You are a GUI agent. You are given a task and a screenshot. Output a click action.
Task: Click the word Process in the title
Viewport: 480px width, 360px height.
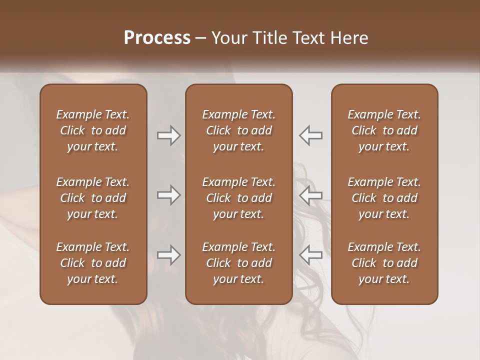coord(157,38)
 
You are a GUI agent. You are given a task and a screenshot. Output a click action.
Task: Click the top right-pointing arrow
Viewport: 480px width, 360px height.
coord(168,135)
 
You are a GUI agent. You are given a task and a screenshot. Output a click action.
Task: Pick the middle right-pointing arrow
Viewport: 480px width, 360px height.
coord(168,195)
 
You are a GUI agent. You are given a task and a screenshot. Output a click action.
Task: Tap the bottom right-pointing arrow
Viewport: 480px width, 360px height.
coord(168,255)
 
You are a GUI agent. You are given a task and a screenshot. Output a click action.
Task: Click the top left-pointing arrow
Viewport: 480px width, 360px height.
coord(311,135)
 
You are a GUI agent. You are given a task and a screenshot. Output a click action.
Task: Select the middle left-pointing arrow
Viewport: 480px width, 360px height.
coord(311,195)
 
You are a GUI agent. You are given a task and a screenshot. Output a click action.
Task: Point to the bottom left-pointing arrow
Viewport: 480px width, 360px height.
coord(311,255)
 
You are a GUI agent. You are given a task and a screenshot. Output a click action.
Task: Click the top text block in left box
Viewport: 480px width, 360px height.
coord(93,130)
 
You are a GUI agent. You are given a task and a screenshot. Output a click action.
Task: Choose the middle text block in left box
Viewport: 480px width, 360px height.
coord(93,198)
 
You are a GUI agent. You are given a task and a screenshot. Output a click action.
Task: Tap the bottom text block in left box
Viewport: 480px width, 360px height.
coord(93,263)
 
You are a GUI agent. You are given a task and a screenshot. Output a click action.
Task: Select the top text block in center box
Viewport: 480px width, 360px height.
coord(239,130)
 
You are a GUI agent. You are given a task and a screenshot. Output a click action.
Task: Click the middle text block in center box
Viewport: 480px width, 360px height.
coord(239,198)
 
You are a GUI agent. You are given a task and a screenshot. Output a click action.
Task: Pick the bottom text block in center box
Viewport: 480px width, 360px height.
coord(239,263)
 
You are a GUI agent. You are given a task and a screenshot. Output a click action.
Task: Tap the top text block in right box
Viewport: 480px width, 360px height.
coord(384,130)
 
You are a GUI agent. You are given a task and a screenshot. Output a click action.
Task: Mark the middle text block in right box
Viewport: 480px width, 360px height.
coord(384,198)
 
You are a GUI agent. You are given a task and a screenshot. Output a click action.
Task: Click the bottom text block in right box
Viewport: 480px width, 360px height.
coord(384,263)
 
